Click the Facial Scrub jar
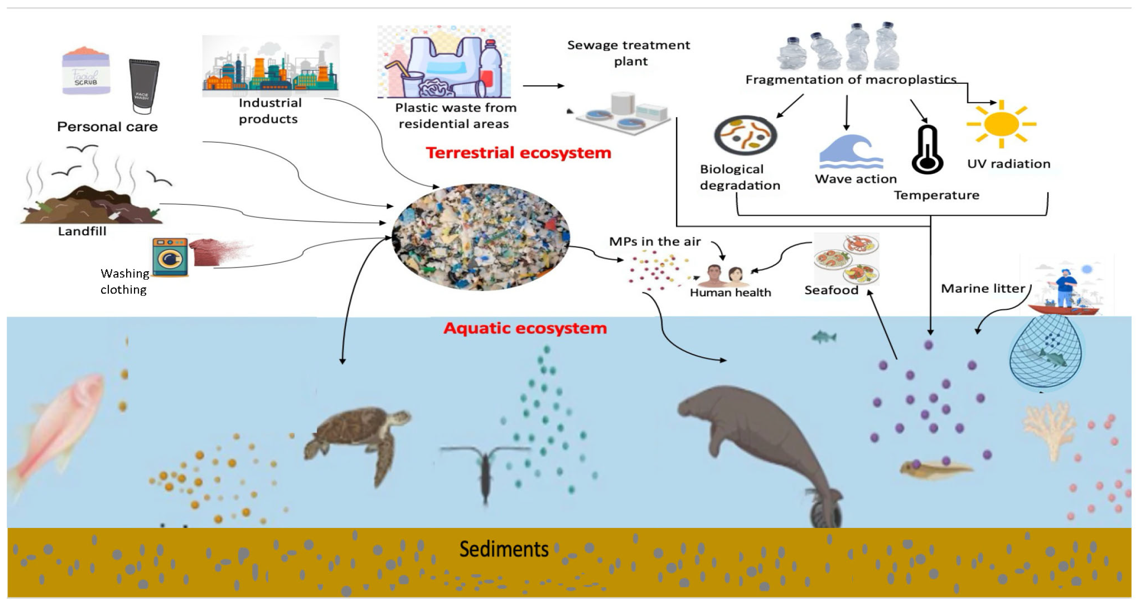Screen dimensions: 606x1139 [86, 71]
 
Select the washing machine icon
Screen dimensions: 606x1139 [170, 257]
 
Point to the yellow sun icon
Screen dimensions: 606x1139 [1001, 124]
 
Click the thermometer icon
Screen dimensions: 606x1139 [927, 150]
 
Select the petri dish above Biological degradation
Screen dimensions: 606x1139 [745, 135]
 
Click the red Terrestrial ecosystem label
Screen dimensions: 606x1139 [518, 153]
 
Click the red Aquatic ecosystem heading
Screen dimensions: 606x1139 [525, 328]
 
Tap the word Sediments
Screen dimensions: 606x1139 [504, 549]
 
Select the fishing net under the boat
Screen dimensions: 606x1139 [1046, 354]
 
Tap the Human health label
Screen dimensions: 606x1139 [730, 293]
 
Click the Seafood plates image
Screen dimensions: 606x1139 [846, 259]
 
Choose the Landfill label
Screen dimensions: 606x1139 [82, 231]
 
